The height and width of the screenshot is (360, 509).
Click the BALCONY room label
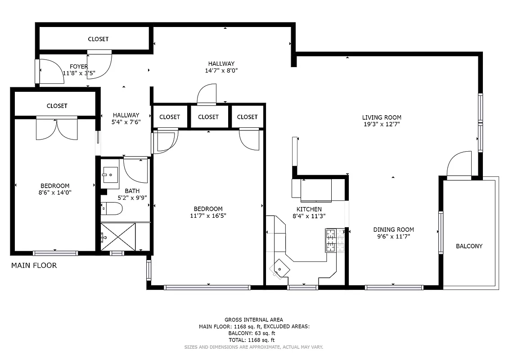click(469, 246)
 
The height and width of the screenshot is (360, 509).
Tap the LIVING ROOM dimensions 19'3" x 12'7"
click(382, 124)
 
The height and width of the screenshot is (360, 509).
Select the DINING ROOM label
click(391, 229)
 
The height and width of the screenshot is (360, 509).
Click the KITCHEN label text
click(309, 209)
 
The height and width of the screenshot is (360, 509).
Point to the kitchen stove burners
click(335, 239)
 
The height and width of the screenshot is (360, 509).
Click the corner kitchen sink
click(279, 269)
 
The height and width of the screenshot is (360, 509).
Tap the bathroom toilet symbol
click(112, 208)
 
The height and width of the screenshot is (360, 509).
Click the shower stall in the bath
click(118, 237)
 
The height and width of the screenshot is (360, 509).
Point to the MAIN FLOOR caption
click(34, 265)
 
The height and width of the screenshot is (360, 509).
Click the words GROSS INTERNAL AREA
click(254, 320)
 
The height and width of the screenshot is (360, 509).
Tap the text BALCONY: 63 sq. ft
click(254, 333)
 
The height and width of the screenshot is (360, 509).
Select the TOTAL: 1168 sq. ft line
click(254, 340)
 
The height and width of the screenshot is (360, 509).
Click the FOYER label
click(79, 67)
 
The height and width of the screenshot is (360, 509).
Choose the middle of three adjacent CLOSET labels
click(208, 117)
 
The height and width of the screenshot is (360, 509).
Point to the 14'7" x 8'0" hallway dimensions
click(221, 71)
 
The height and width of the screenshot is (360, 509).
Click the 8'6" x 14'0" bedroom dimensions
click(55, 192)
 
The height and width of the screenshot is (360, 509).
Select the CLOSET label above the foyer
click(98, 39)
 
